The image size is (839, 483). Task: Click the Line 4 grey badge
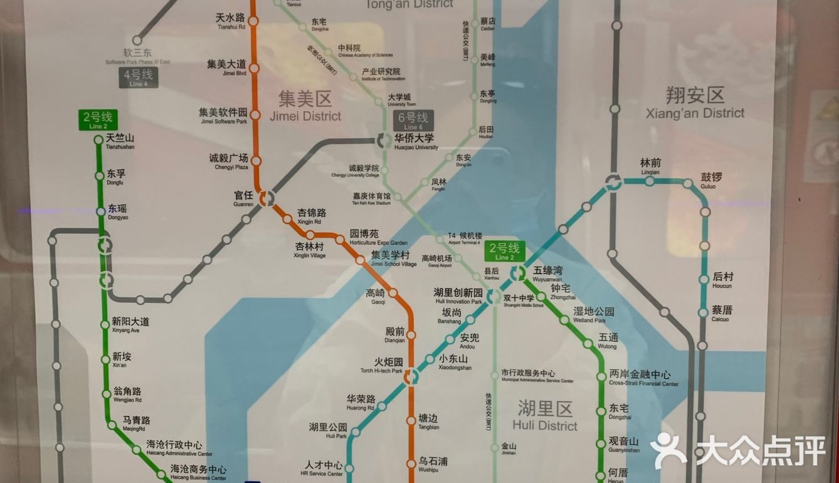(139, 78)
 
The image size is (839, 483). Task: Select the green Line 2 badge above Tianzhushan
(98, 119)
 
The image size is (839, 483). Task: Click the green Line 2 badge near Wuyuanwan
(504, 251)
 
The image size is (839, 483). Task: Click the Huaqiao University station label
(414, 141)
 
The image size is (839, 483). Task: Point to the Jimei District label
(305, 106)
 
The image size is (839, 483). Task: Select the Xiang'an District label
(695, 103)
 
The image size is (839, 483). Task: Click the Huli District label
(545, 417)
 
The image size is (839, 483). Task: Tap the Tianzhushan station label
(120, 141)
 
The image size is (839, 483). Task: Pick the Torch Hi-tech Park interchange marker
(411, 376)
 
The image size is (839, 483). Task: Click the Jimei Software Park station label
(223, 115)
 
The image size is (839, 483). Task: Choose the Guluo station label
(710, 180)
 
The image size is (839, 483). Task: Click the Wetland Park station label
(593, 314)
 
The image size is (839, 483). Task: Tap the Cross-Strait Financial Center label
(643, 378)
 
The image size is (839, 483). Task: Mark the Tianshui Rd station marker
(253, 21)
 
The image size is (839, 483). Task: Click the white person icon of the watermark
(668, 450)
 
